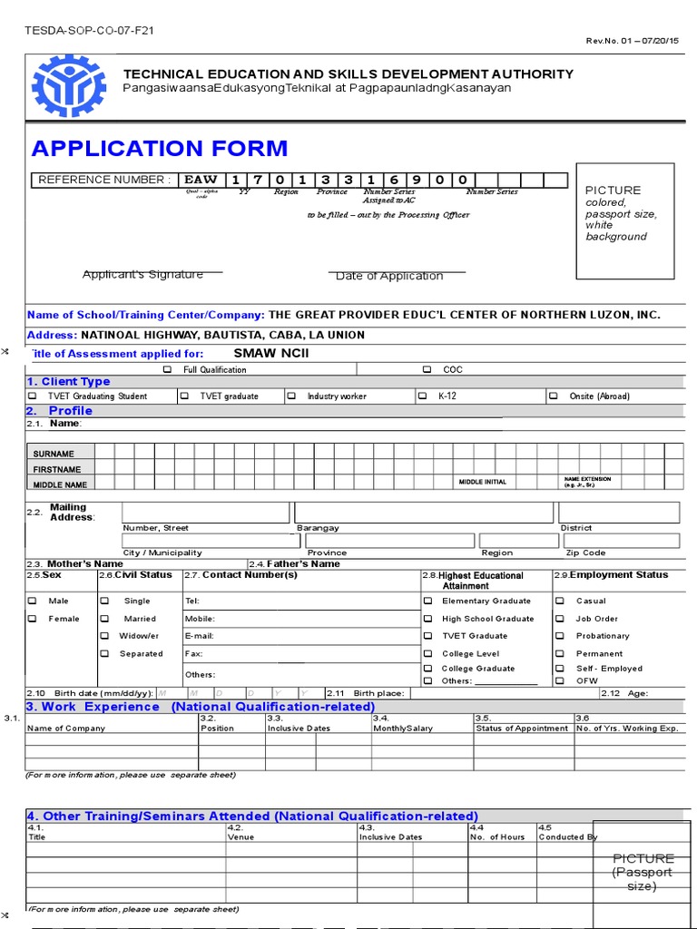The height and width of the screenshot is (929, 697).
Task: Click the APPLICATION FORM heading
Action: [x=160, y=148]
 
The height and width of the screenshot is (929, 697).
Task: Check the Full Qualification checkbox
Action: [x=167, y=370]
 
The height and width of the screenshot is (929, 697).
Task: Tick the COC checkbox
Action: [x=427, y=370]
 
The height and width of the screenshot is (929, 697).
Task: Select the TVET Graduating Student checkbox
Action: [x=33, y=396]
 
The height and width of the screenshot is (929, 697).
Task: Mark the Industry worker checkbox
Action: [x=292, y=396]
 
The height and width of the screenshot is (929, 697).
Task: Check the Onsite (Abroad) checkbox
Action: [x=554, y=396]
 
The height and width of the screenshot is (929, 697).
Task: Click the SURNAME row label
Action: [x=54, y=454]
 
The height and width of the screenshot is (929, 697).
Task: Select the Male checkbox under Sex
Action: [x=33, y=601]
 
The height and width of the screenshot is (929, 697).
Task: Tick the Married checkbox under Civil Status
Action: [x=105, y=619]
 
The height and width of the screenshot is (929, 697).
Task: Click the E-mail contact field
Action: [x=299, y=636]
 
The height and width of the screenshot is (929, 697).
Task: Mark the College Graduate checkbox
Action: [x=427, y=669]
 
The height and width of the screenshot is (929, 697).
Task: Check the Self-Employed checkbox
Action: [x=560, y=669]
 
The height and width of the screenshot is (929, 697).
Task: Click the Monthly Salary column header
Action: [x=403, y=728]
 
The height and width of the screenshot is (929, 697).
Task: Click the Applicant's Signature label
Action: [x=142, y=274]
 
